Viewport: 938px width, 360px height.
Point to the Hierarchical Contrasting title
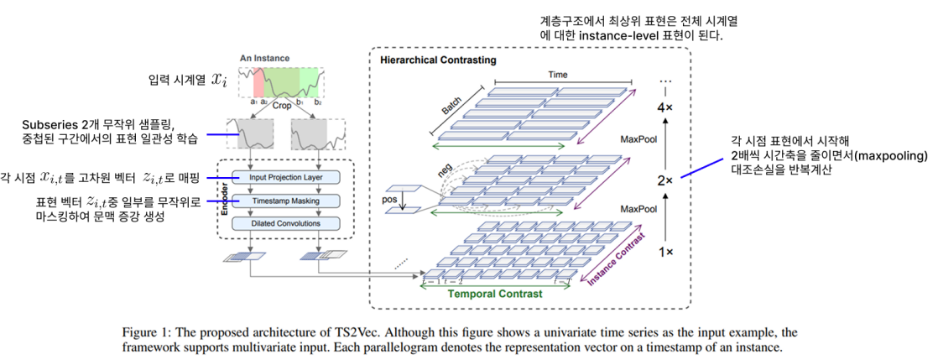[x=438, y=60]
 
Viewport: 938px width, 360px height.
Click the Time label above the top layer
[x=558, y=76]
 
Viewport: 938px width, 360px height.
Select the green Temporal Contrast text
[x=494, y=295]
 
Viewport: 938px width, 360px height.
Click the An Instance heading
[x=264, y=58]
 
